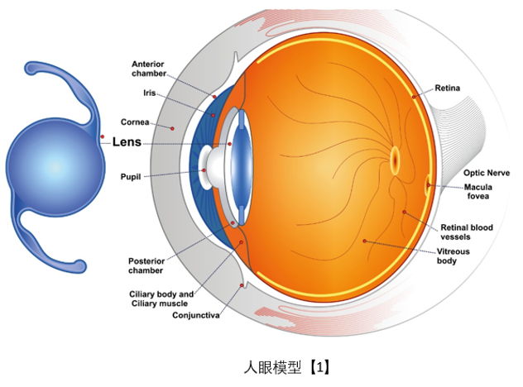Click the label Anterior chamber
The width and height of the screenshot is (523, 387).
tap(149, 69)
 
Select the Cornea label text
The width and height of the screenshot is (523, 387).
tap(135, 122)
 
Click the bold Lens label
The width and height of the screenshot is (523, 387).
tap(127, 142)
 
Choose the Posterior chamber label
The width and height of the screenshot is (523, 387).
tap(146, 265)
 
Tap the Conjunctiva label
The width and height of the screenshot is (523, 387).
tap(196, 315)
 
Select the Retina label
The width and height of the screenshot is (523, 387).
tap(448, 87)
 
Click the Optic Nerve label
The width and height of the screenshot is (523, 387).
tap(487, 173)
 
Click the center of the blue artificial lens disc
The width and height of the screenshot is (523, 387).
tap(52, 166)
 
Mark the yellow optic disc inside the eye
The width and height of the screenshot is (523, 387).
tap(395, 157)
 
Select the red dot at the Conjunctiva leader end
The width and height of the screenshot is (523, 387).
tap(242, 285)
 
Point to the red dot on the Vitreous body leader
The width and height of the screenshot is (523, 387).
tap(364, 241)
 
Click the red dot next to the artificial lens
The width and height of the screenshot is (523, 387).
tap(102, 136)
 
